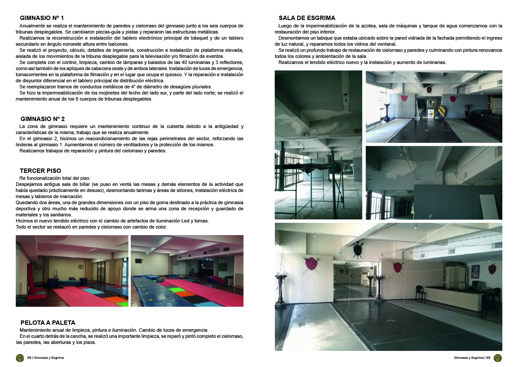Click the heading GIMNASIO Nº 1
pos(42,18)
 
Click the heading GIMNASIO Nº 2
pos(42,119)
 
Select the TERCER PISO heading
pos(40,171)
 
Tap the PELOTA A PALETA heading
pos(48,323)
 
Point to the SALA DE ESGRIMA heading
pos(307,18)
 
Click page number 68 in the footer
pos(29,358)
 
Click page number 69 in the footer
pos(488,358)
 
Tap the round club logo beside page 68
pos(20,358)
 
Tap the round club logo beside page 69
pos(498,358)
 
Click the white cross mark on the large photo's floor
pos(392,321)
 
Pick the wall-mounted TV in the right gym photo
pos(138,261)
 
